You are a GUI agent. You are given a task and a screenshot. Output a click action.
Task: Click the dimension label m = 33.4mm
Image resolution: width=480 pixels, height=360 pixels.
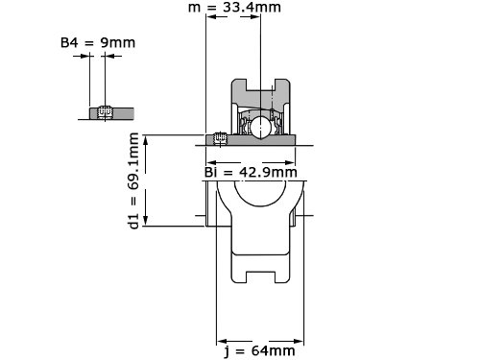[234, 8]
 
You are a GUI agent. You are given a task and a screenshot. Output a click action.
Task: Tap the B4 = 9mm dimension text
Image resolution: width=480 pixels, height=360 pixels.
[98, 42]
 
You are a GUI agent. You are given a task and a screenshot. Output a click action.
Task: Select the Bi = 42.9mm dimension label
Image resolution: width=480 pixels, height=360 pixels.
[251, 173]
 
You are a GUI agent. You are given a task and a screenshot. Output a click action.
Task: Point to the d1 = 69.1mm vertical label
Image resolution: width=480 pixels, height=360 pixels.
[133, 180]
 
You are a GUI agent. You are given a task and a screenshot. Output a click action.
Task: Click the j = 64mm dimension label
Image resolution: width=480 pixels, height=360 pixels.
[259, 351]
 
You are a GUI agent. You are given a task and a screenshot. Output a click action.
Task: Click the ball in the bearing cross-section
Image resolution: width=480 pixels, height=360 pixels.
[261, 127]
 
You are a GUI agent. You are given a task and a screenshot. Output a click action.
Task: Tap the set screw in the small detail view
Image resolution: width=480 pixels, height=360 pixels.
[106, 112]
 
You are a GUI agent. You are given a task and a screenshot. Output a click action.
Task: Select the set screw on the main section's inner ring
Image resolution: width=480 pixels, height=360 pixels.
[220, 138]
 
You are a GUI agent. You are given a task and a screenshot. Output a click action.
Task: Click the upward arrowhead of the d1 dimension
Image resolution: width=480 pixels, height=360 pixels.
[146, 139]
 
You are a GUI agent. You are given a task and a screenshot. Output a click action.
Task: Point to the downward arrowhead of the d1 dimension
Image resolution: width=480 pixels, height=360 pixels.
[146, 221]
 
